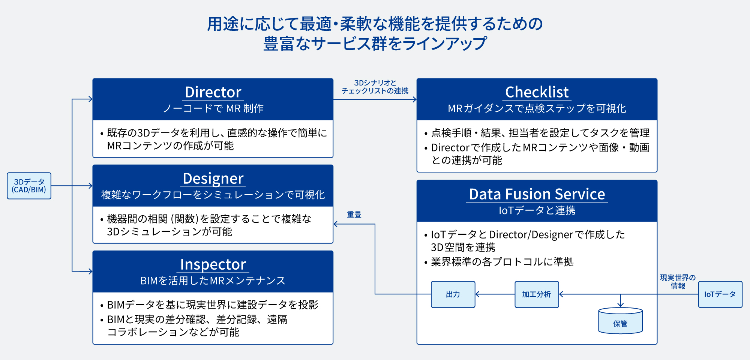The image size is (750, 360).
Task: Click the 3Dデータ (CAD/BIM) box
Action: point(29,186)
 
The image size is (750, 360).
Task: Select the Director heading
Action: point(213,92)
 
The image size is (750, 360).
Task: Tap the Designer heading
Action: point(213,178)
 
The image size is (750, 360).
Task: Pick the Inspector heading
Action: point(213,264)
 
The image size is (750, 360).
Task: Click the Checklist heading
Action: point(537,92)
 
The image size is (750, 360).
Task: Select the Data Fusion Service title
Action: point(537,194)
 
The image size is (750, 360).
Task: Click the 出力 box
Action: point(453,294)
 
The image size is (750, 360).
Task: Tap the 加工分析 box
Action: point(537,294)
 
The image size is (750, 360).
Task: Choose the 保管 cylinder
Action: point(620,321)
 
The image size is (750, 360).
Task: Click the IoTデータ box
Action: point(720,294)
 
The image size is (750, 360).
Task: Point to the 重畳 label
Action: point(354,214)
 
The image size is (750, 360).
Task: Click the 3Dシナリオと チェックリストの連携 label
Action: point(375,87)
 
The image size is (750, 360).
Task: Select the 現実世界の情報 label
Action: point(678,282)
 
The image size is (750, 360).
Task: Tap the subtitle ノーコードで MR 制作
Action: point(213,108)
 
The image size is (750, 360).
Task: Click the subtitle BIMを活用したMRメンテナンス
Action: point(213,280)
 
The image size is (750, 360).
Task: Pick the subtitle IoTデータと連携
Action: point(537,210)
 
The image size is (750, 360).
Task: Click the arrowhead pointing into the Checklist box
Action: point(414,99)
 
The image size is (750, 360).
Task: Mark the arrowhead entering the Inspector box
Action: point(90,271)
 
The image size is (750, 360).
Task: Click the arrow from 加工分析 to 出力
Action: point(495,294)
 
